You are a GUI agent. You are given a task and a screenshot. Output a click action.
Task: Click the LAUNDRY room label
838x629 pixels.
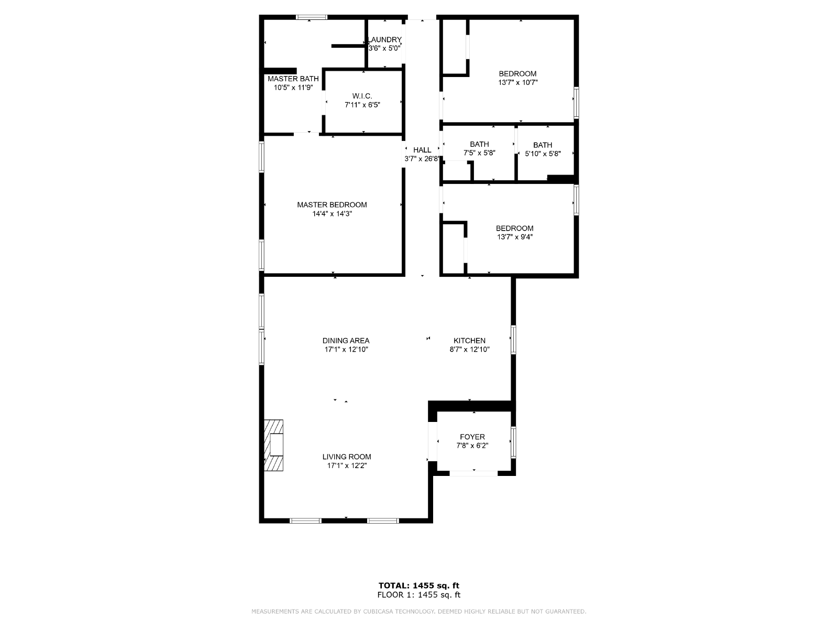(384, 40)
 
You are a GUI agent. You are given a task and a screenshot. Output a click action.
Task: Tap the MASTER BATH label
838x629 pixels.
(293, 79)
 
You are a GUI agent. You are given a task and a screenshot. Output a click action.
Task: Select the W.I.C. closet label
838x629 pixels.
(362, 96)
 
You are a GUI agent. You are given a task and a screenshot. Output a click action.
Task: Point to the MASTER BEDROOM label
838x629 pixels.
(332, 205)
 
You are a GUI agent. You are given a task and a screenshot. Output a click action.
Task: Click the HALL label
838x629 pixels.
(422, 150)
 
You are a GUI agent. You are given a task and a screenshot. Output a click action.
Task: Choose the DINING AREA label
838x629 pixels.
(346, 341)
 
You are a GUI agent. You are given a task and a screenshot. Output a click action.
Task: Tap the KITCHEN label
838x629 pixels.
(470, 341)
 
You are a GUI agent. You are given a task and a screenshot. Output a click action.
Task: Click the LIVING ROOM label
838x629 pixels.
(347, 457)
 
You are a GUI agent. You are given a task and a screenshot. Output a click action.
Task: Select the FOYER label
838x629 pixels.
(472, 437)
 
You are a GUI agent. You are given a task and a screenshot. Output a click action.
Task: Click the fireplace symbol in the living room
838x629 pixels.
(274, 446)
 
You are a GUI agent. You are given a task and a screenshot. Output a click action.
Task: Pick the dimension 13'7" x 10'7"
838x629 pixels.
(518, 82)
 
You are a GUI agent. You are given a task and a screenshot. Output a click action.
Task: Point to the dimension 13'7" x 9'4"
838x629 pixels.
(515, 237)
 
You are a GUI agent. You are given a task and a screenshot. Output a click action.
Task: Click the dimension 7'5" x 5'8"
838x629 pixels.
(480, 153)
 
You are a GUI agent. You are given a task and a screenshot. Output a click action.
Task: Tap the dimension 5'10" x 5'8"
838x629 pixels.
(543, 154)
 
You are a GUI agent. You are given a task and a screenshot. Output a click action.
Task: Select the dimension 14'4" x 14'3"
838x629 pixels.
(332, 214)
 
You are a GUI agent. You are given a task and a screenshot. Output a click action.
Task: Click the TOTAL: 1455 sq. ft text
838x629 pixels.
(419, 585)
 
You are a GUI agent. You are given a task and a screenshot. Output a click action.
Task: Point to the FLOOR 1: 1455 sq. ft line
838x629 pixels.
(419, 594)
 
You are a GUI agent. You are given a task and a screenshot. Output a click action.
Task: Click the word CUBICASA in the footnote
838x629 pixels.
(378, 611)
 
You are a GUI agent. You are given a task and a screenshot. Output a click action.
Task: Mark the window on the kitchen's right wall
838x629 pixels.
(513, 340)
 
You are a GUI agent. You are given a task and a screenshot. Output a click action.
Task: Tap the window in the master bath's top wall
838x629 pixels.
(312, 17)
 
